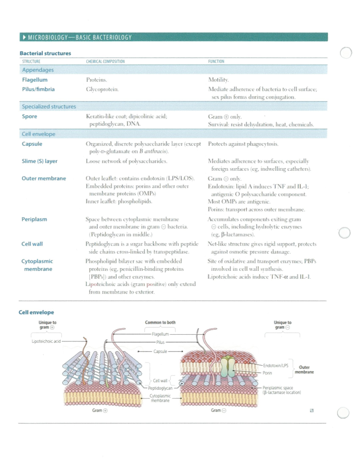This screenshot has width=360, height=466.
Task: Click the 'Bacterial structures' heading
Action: coord(45,53)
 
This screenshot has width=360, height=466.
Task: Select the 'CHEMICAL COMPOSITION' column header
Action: coord(105,62)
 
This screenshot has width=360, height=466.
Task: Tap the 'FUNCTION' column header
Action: coord(216,62)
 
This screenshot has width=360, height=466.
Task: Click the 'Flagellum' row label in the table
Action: coord(35,80)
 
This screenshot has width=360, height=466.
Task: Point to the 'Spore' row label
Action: coord(29,116)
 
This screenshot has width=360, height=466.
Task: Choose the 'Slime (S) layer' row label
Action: coord(40,161)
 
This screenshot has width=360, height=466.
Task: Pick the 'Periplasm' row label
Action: coord(34,219)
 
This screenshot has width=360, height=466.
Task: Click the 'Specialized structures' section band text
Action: coord(49,107)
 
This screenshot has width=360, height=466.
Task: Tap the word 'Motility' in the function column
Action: coord(218,80)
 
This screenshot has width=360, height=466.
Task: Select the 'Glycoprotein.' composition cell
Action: coord(102,89)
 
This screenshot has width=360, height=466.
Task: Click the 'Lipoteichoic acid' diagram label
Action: coord(46,341)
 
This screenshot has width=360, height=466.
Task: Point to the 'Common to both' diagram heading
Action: coord(160,323)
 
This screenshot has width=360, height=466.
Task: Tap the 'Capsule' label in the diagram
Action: coord(160,351)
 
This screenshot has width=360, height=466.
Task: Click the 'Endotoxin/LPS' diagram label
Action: coord(275,365)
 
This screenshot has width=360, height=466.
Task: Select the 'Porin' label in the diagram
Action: coord(267,373)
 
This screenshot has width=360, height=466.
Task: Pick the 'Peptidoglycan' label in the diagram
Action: coord(160,388)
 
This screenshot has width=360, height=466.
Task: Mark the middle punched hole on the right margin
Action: coord(344,233)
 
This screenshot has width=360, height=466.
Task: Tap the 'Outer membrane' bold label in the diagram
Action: coord(304,370)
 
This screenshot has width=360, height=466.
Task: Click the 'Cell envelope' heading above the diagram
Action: coord(36,312)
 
